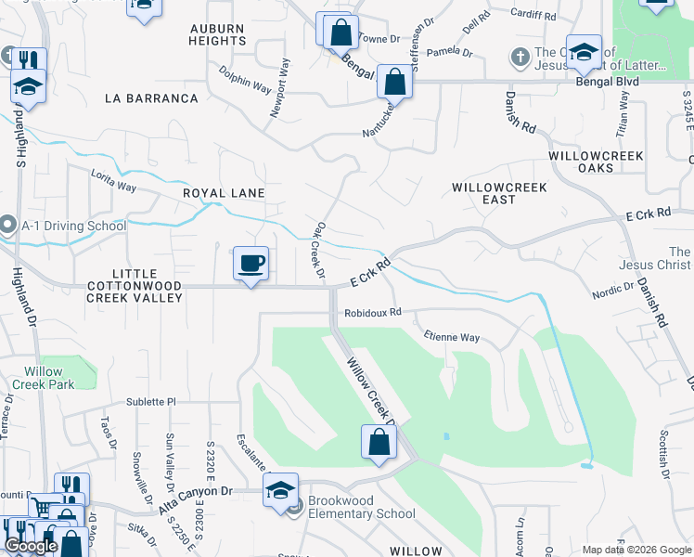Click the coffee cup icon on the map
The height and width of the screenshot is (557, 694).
251,264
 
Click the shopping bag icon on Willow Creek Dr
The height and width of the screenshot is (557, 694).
379,443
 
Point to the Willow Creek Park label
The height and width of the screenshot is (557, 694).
43,378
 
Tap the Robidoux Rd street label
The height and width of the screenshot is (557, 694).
371,313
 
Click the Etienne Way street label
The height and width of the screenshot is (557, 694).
451,337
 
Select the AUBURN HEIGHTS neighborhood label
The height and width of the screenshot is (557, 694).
218,35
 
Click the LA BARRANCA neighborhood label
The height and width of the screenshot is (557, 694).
151,97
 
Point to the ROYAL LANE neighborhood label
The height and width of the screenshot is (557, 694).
224,193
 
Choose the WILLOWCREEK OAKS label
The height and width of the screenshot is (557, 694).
595,162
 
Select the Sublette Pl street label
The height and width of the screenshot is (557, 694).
151,402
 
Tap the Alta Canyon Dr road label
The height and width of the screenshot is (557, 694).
195,501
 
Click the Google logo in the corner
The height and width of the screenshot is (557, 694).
31,546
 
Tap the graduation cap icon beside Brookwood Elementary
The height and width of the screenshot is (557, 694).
280,490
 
